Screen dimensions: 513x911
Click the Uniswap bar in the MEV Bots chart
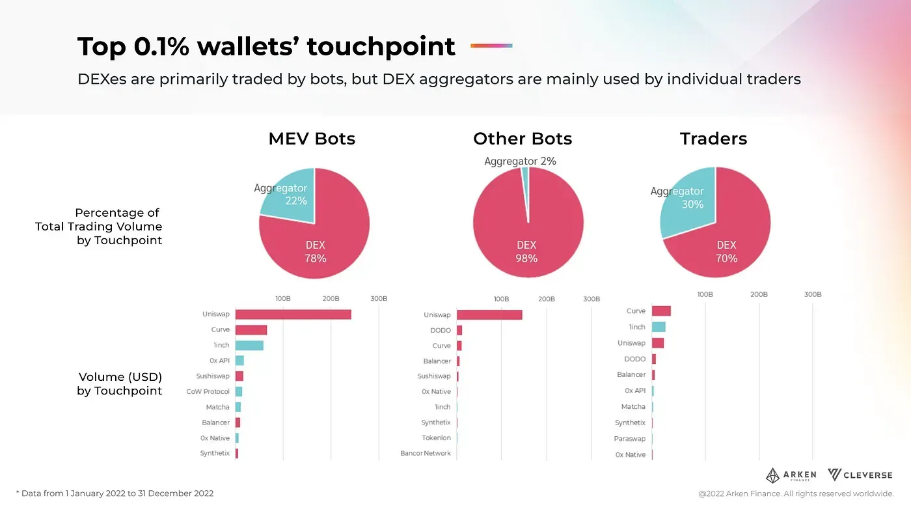pos(293,314)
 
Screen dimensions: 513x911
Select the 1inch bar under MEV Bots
pos(249,346)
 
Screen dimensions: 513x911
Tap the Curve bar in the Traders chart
pos(661,311)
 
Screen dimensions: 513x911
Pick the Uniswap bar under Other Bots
pos(489,315)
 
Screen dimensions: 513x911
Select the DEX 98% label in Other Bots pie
pos(526,252)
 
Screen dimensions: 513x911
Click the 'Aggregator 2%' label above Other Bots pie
pos(520,161)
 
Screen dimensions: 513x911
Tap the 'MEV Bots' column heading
pos(312,139)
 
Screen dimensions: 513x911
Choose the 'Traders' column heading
pos(713,139)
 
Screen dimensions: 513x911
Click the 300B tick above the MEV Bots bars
pos(379,299)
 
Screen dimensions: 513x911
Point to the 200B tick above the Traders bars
pos(759,294)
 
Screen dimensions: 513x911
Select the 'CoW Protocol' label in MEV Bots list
pos(208,392)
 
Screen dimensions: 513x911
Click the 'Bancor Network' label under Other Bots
pos(425,453)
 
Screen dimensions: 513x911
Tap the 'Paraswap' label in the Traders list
pos(629,439)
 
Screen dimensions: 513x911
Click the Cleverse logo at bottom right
pos(860,475)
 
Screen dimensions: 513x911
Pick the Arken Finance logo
pos(791,476)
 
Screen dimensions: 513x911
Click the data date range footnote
pos(115,493)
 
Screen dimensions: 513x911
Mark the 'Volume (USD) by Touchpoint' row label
pos(120,383)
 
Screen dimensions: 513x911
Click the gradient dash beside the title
pos(491,46)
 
